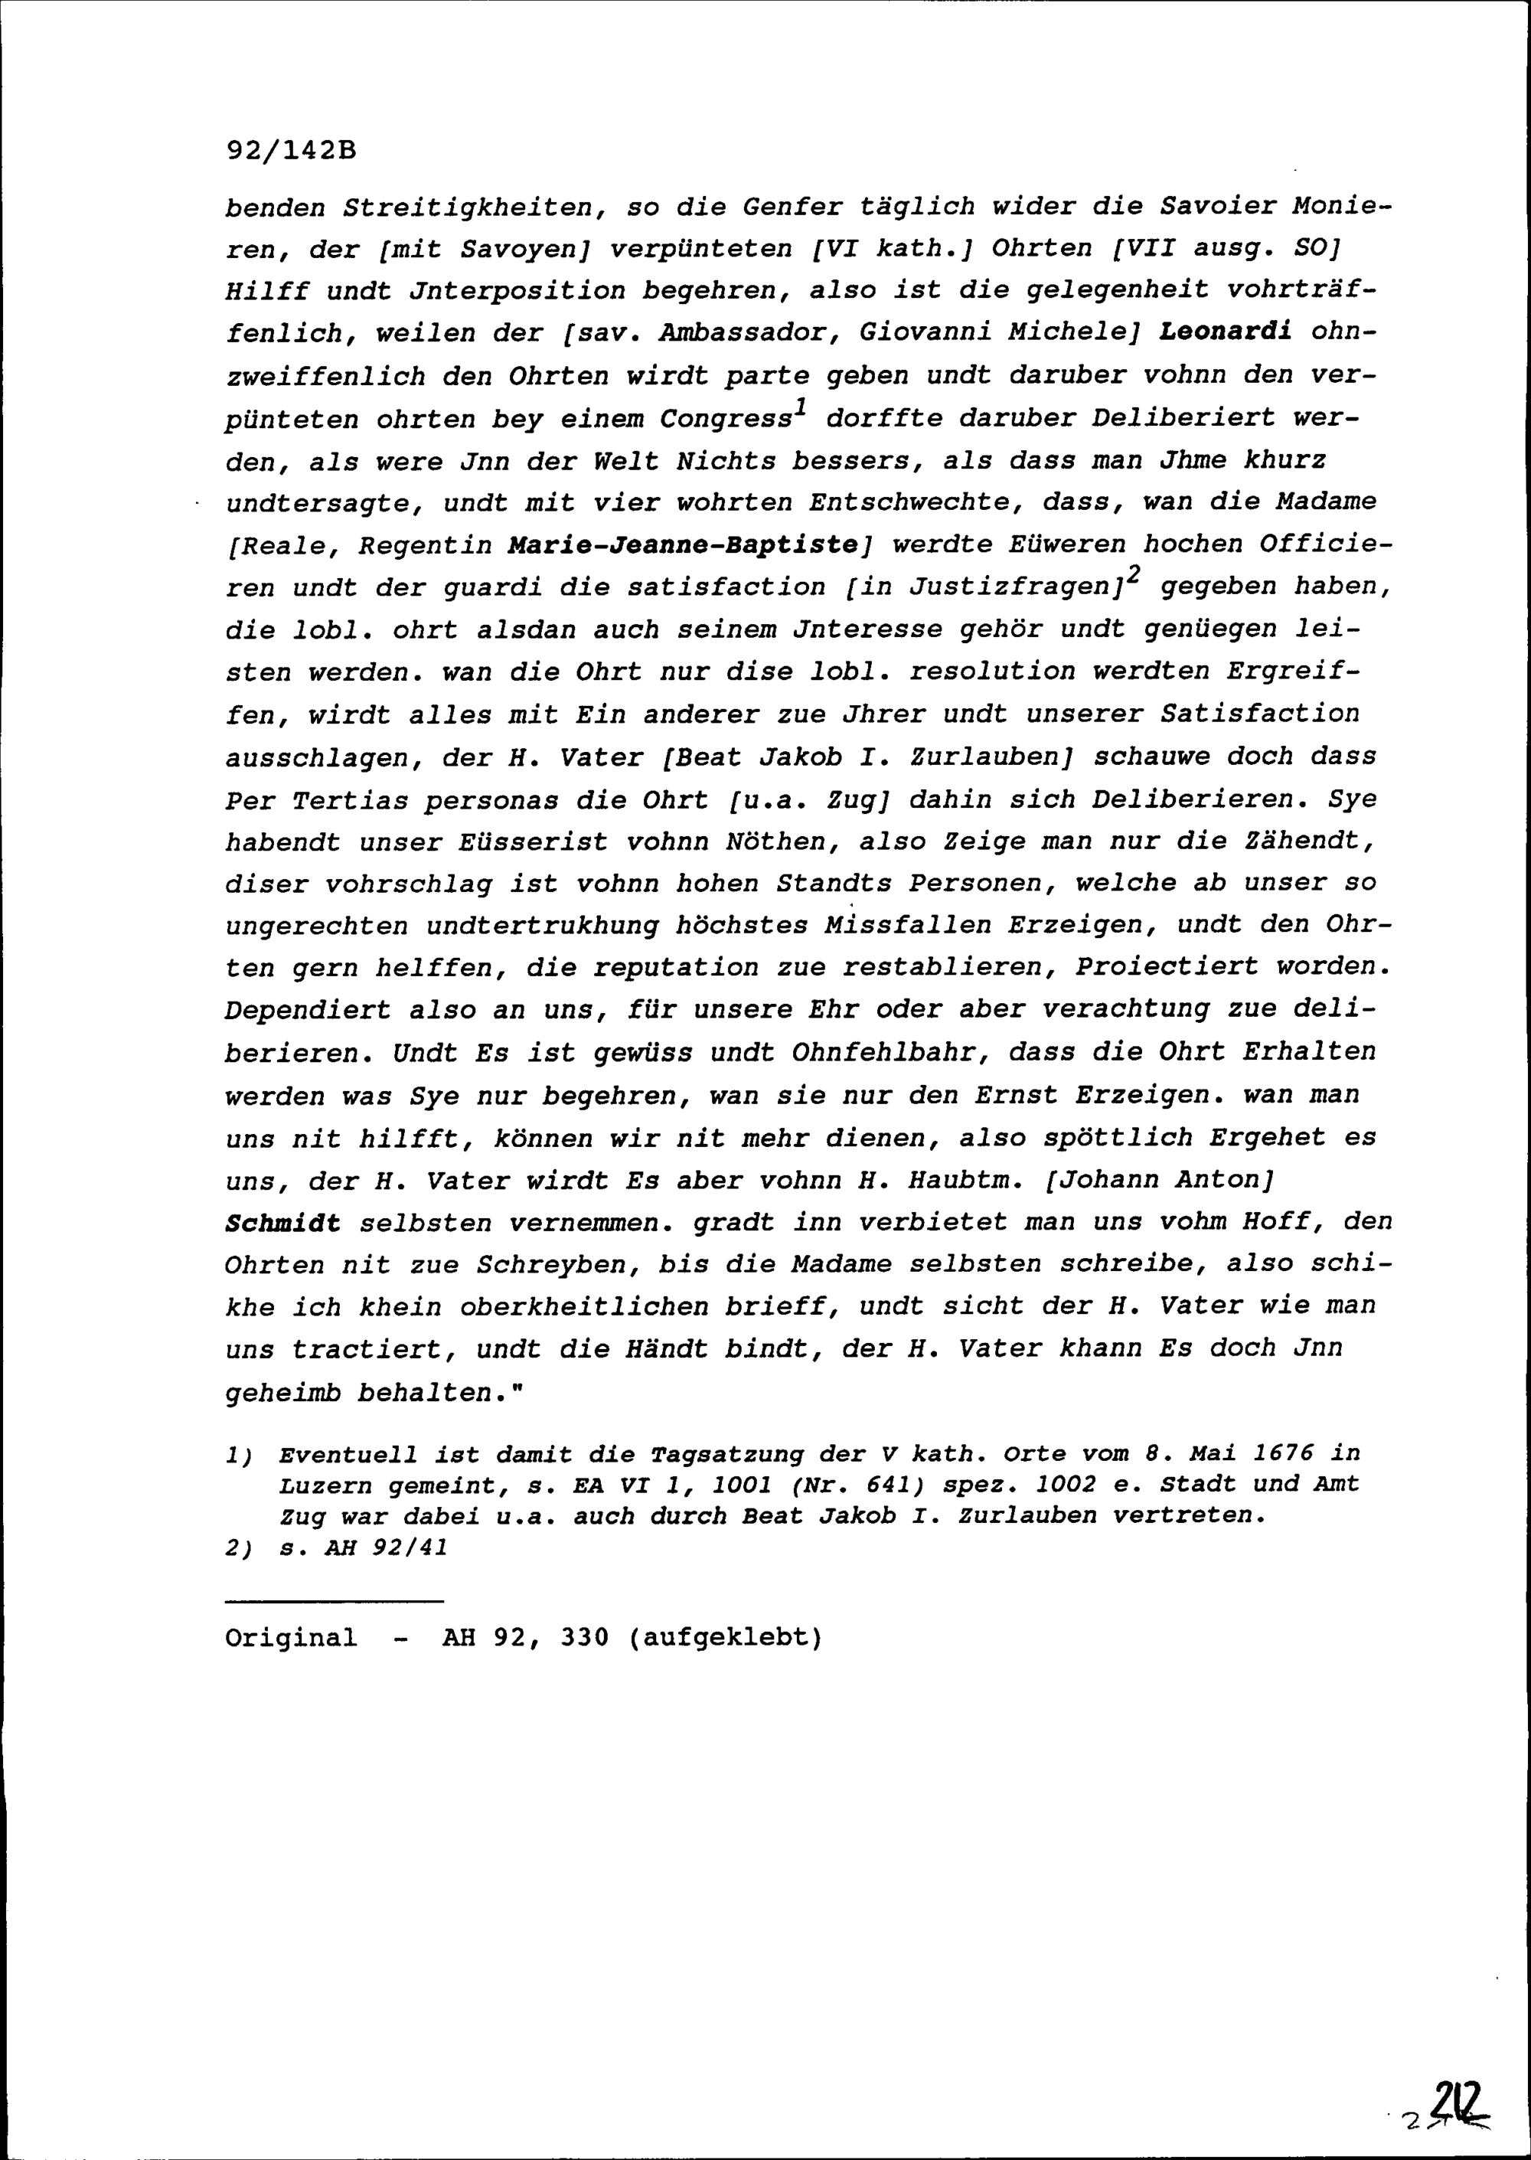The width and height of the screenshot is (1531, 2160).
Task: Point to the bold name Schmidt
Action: (282, 1224)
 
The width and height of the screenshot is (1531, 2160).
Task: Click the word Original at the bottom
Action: (292, 1638)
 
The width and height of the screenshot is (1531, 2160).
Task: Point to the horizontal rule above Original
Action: (334, 1601)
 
